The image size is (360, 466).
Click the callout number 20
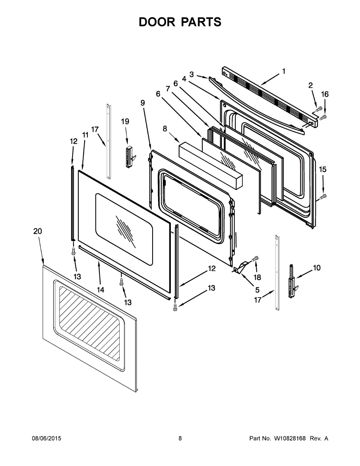pos(37,231)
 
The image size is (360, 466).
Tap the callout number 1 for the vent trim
pos(283,71)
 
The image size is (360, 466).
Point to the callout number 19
pos(125,122)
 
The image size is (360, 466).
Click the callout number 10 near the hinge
pos(317,268)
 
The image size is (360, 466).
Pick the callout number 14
pos(100,290)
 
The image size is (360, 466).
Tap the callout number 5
pos(257,290)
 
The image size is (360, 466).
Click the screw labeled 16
pos(323,116)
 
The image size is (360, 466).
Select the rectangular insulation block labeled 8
pos(210,165)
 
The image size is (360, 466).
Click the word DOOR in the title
pos(157,22)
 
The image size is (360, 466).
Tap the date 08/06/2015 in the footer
pos(46,438)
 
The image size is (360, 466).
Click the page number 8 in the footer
pos(180,438)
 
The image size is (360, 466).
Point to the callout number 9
pos(143,103)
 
